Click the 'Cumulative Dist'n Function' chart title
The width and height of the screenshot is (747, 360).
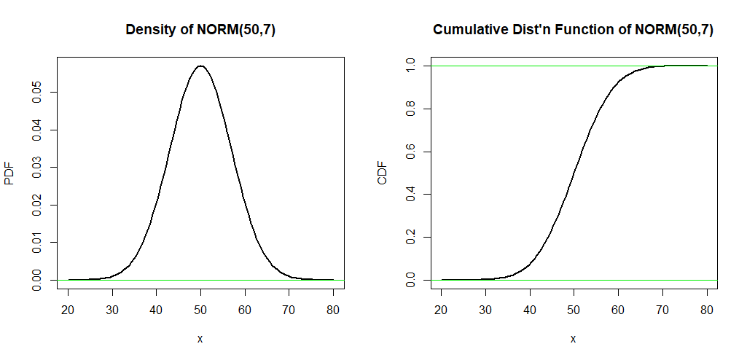573,30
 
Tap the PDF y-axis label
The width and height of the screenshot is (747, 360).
9,173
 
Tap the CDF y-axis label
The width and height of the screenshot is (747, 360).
383,173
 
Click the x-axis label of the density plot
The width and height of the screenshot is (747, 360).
200,339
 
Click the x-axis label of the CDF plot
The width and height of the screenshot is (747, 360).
573,339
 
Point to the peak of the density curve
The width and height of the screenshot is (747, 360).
200,66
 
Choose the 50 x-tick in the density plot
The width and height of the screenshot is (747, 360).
200,309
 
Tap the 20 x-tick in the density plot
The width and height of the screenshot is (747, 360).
68,309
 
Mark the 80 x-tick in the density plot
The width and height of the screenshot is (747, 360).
333,309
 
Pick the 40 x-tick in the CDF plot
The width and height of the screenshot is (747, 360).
530,309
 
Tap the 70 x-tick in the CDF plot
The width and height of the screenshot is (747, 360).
662,309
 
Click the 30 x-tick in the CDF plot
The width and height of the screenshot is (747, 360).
485,309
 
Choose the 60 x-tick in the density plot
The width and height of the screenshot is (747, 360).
245,309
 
